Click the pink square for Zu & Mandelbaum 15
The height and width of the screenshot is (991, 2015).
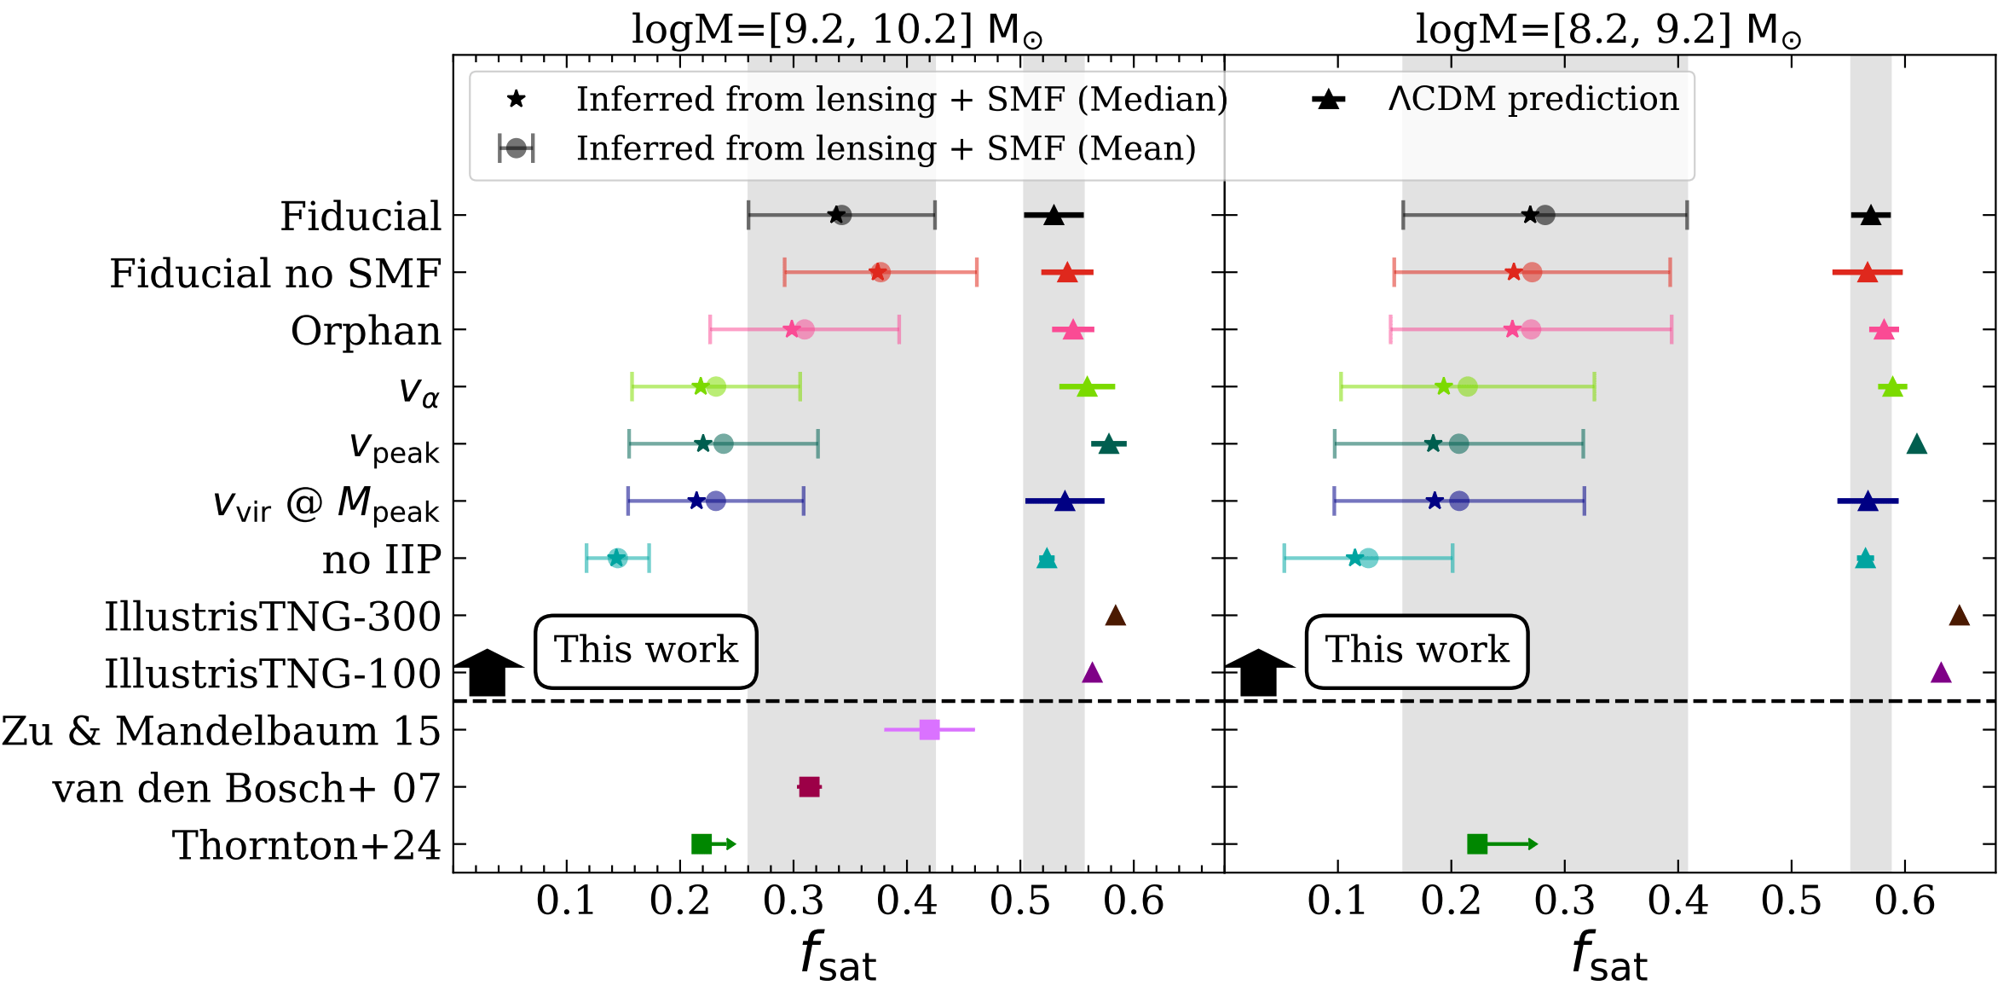(x=929, y=730)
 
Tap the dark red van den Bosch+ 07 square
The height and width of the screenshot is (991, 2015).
(x=809, y=787)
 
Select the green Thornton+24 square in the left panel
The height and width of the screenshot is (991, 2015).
(x=701, y=844)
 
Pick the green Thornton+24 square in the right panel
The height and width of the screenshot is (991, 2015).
(x=1477, y=844)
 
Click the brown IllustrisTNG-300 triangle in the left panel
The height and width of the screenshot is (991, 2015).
(x=1116, y=616)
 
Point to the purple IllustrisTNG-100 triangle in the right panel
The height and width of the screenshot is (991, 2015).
(x=1941, y=673)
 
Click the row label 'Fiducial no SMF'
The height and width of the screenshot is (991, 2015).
(x=274, y=274)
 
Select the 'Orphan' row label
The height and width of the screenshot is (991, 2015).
(x=366, y=331)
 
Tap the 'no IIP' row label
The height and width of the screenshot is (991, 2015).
(x=381, y=560)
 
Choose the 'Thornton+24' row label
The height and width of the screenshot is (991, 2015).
(x=306, y=846)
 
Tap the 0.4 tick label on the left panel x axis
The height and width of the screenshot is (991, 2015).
(x=907, y=901)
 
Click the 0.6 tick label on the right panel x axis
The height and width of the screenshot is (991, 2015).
(x=1904, y=901)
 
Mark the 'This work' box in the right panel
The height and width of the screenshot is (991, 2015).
(x=1417, y=651)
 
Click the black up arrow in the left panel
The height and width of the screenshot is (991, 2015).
(x=488, y=672)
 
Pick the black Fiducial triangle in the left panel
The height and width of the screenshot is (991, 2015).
(x=1054, y=216)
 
